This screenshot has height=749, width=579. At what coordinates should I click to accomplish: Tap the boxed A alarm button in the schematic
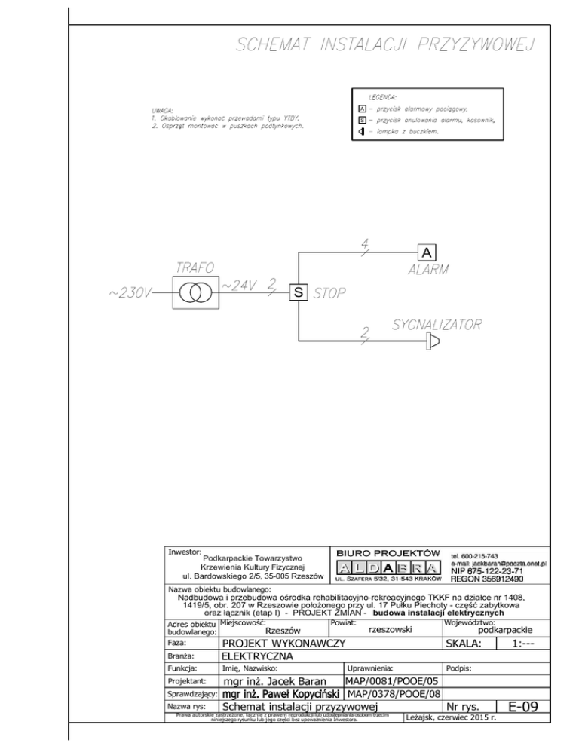[x=426, y=252]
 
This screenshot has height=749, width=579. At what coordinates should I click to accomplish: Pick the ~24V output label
[x=240, y=286]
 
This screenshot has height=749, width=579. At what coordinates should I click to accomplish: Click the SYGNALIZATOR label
[x=437, y=325]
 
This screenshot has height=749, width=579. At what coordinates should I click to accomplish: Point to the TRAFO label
[x=195, y=268]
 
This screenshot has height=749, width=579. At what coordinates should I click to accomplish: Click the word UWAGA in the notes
[x=164, y=110]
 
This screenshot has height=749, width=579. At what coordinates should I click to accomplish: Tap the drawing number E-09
[x=522, y=707]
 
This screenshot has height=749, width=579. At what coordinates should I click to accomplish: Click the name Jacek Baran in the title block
[x=280, y=682]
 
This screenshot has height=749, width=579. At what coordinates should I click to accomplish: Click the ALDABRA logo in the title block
[x=388, y=566]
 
